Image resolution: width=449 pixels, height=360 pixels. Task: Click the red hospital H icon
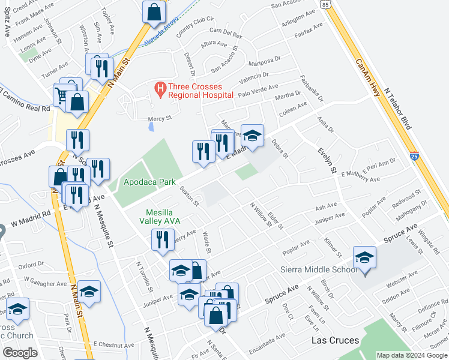(160, 89)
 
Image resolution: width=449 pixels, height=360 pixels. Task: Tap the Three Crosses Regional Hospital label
(200, 91)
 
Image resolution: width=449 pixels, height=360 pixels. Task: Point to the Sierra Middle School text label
(319, 269)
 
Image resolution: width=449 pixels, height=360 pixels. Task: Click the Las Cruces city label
(335, 340)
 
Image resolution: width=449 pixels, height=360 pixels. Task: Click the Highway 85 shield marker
(325, 4)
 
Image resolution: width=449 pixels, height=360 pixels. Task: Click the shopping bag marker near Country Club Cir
(154, 12)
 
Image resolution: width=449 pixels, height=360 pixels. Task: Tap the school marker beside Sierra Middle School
(364, 258)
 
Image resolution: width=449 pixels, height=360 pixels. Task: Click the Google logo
(20, 353)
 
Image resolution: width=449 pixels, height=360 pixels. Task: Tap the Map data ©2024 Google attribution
(411, 355)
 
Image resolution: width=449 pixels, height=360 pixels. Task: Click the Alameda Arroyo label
(162, 37)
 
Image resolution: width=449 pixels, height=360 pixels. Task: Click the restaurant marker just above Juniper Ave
(162, 241)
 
